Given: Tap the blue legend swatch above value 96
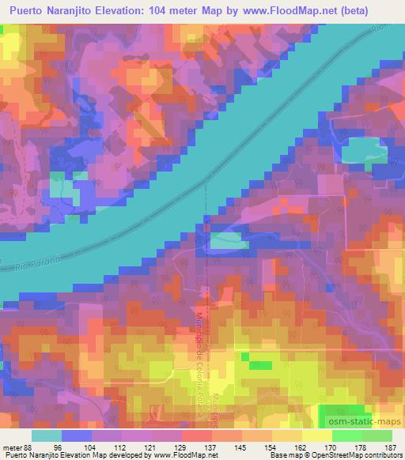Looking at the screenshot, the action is click(x=77, y=435).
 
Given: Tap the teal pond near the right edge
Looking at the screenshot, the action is click(x=362, y=149).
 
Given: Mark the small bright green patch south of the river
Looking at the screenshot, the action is click(x=257, y=364).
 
